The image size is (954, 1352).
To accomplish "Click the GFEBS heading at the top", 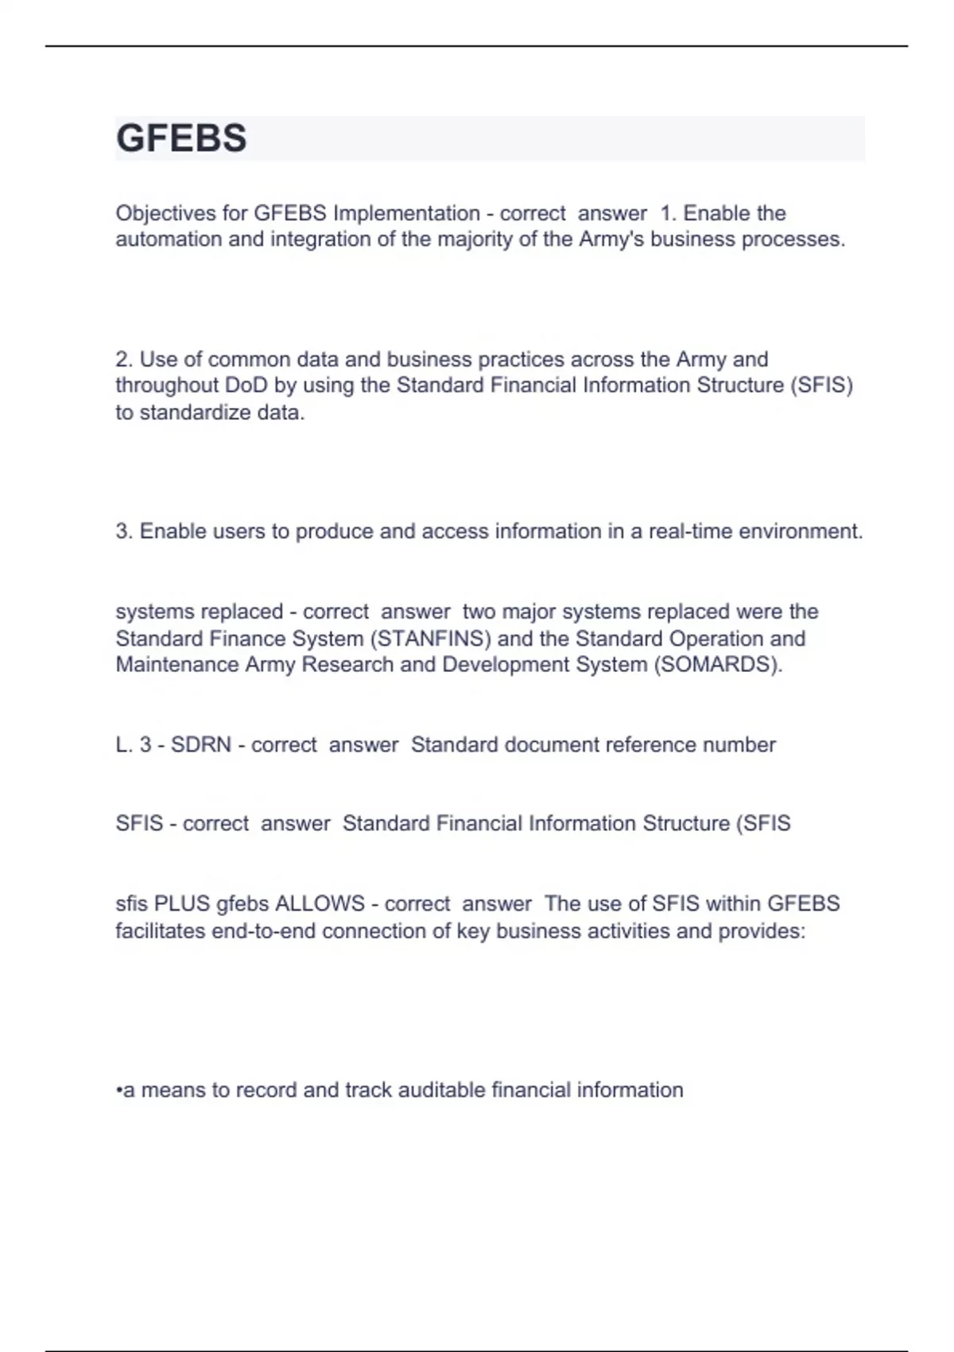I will (181, 138).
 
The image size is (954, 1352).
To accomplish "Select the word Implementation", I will (406, 213).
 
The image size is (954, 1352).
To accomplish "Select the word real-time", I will (691, 531).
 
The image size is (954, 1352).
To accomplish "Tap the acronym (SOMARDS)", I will (718, 665).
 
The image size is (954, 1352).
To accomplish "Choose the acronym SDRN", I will (201, 745).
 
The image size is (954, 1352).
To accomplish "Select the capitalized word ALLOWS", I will (320, 904).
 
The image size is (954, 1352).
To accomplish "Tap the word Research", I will (347, 665).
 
